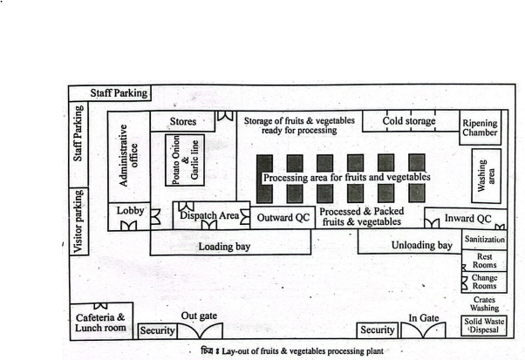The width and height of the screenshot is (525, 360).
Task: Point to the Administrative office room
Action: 127,157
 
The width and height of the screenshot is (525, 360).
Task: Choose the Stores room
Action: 182,121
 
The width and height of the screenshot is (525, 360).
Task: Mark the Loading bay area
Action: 225,246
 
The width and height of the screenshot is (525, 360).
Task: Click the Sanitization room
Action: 485,239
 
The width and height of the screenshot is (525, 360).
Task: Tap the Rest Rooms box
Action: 485,261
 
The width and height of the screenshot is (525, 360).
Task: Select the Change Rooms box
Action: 485,282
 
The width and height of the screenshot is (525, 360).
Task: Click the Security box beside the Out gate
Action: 157,330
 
